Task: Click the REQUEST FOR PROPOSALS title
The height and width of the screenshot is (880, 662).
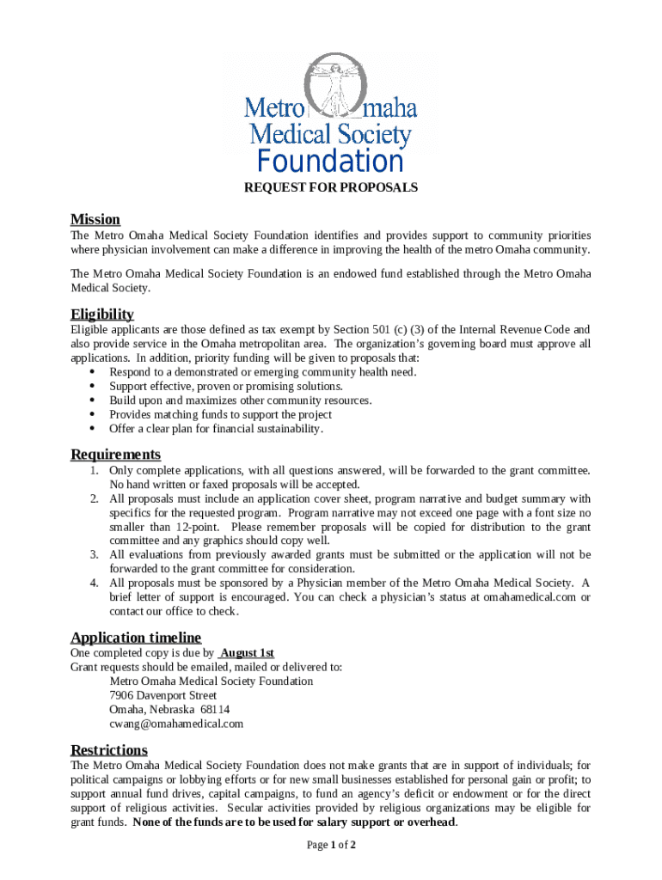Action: (x=331, y=186)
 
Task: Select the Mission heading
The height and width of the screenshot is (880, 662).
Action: (x=95, y=219)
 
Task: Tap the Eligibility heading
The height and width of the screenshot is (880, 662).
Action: (x=101, y=314)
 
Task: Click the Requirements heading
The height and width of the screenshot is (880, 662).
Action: (x=115, y=454)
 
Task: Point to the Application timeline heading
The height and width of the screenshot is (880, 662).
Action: (x=135, y=637)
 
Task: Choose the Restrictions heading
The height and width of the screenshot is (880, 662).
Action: (x=108, y=749)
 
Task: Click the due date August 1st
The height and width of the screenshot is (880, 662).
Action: (x=247, y=653)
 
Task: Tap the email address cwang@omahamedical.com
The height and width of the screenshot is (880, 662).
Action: (x=176, y=724)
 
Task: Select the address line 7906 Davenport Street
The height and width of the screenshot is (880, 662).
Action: (x=162, y=695)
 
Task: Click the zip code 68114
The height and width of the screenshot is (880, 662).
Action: (x=215, y=710)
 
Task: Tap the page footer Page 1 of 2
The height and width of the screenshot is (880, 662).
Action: (x=331, y=845)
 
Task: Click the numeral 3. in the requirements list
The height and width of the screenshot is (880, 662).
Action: (x=94, y=554)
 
